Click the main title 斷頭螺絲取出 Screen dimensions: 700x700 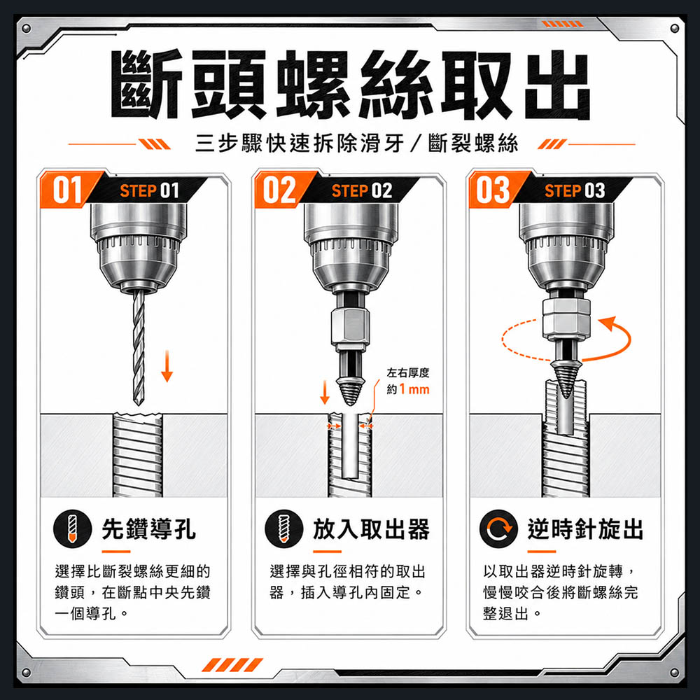(x=351, y=85)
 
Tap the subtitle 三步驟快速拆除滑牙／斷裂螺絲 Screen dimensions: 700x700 (x=357, y=143)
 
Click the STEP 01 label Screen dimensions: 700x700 (x=150, y=191)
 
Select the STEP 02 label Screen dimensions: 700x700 (x=362, y=191)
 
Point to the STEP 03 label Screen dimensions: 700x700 (x=575, y=191)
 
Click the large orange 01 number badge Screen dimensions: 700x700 (x=67, y=190)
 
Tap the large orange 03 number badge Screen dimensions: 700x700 (x=493, y=190)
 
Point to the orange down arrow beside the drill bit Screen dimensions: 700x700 (x=167, y=365)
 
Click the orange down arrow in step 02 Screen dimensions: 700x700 (x=325, y=391)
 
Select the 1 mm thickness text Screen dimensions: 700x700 (x=414, y=389)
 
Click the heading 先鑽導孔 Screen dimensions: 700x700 (x=148, y=529)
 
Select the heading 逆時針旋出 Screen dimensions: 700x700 (x=585, y=529)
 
